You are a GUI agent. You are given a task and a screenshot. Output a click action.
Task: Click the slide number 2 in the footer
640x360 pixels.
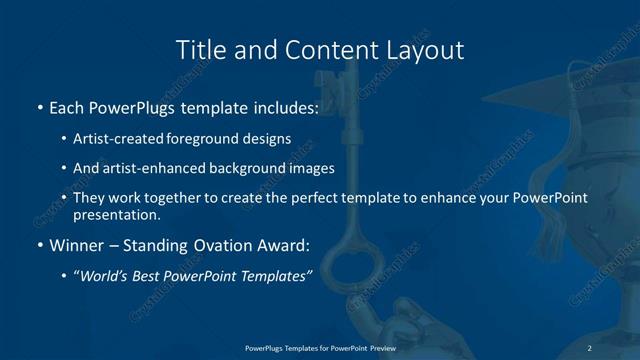click(590, 347)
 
